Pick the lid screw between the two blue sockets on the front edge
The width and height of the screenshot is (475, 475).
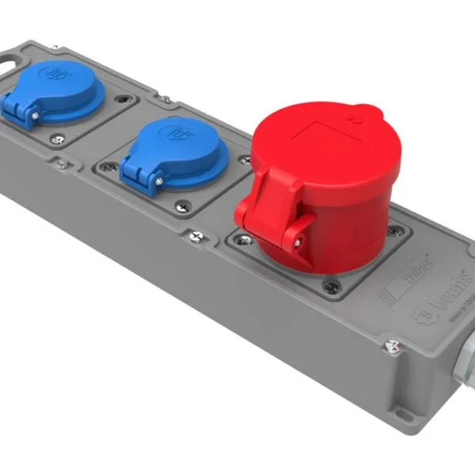pos(61,164)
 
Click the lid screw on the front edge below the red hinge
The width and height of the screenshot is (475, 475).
pos(195,235)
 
